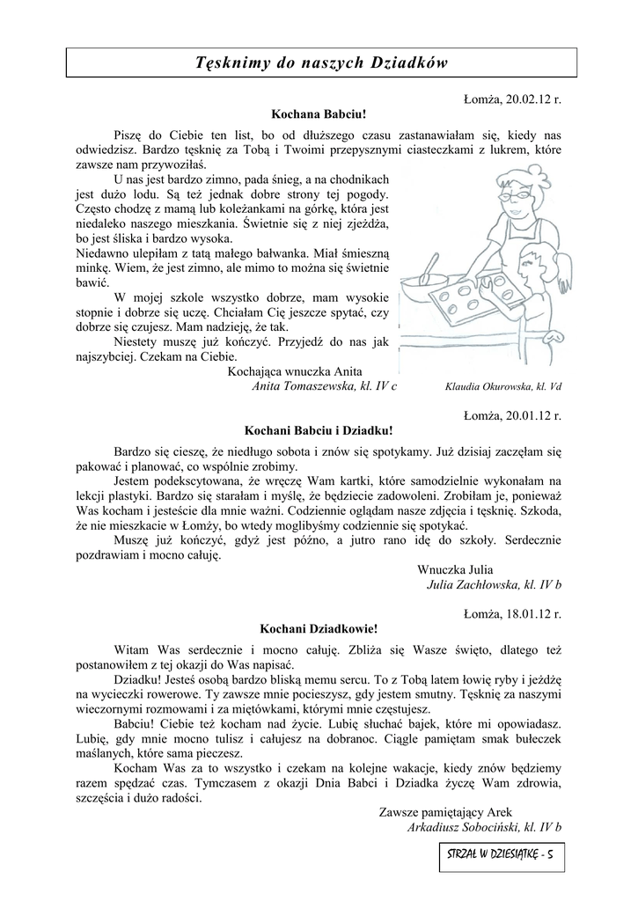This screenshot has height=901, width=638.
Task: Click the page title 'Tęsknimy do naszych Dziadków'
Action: [321, 63]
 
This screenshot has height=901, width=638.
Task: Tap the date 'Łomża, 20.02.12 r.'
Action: [511, 99]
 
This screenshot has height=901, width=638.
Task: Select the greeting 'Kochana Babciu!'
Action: [318, 114]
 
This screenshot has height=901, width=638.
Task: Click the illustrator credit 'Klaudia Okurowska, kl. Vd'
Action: [504, 386]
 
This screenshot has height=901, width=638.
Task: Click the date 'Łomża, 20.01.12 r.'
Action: [511, 415]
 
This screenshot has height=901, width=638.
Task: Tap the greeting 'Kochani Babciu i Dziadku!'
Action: [318, 431]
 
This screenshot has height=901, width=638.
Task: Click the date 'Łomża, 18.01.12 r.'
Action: [511, 613]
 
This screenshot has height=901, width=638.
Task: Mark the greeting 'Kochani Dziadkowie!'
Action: [318, 629]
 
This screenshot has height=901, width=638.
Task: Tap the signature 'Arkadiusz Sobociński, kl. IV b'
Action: [485, 827]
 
